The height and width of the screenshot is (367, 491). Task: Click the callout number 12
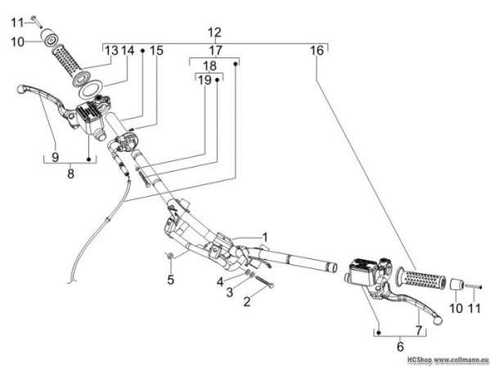coord(214,32)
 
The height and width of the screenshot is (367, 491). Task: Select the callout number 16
coord(317,51)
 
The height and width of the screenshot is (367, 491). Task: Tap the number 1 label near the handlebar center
coord(265,238)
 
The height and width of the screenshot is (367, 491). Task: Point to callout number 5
coord(170,280)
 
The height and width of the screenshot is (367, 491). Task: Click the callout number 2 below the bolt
coord(247,302)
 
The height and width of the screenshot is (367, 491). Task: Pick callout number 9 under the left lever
coord(55,156)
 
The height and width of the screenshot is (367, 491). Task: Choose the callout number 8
coord(70,173)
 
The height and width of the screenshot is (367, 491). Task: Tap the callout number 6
coord(400,347)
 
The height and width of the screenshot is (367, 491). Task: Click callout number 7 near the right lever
coord(419,330)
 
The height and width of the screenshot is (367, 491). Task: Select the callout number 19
coord(205,80)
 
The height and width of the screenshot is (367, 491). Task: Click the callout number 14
coord(128,50)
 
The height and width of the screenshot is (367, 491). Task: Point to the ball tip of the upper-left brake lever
coord(20,89)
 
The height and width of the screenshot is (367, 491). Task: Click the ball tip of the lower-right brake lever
coord(437,320)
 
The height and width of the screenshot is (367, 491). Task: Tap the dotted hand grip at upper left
coord(68,58)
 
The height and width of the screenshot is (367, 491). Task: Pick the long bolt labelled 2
coord(265,282)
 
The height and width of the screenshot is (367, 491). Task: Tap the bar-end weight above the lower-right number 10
coord(457,285)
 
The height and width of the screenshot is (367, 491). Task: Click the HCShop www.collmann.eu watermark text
coord(448,360)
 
